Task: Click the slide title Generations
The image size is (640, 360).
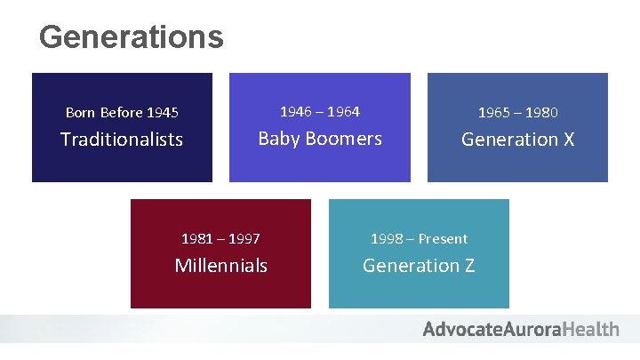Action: click(x=131, y=37)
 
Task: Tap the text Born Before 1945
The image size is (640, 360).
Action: click(x=122, y=113)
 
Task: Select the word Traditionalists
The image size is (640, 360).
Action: click(x=122, y=140)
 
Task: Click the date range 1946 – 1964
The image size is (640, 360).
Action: click(x=320, y=112)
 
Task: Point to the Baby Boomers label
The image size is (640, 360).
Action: click(x=320, y=139)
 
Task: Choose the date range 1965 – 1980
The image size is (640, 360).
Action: click(x=518, y=113)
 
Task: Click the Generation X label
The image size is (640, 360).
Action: click(x=518, y=140)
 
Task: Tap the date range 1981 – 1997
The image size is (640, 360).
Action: click(x=220, y=239)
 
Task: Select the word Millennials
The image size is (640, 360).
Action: click(x=220, y=266)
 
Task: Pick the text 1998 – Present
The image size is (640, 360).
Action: click(x=419, y=239)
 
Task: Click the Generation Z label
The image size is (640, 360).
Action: click(x=419, y=266)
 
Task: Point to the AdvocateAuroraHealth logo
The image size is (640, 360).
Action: click(x=521, y=330)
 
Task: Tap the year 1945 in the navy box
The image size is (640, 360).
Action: click(x=163, y=113)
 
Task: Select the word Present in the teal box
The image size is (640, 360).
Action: click(x=443, y=239)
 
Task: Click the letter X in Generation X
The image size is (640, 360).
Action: click(x=568, y=140)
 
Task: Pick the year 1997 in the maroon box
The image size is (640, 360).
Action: click(x=244, y=239)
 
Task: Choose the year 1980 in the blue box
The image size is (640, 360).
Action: click(x=542, y=113)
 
